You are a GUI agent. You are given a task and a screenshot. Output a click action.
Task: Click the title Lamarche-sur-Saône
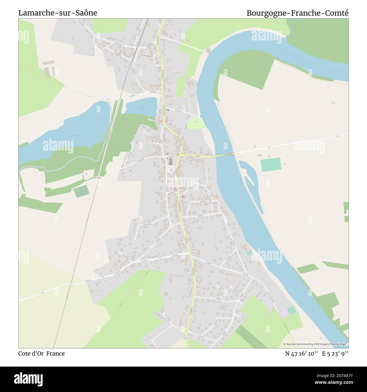pyautogui.click(x=58, y=13)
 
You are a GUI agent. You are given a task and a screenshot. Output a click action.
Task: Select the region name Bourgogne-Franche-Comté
pyautogui.click(x=298, y=13)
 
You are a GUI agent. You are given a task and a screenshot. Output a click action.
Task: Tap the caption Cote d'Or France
pyautogui.click(x=41, y=354)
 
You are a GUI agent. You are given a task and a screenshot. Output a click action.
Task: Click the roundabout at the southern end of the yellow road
pyautogui.click(x=186, y=331)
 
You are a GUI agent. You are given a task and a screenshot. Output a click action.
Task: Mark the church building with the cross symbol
pyautogui.click(x=170, y=161)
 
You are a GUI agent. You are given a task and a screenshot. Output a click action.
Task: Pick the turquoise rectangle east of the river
pyautogui.click(x=271, y=164)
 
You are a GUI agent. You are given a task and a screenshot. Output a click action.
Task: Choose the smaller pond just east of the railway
pyautogui.click(x=141, y=107)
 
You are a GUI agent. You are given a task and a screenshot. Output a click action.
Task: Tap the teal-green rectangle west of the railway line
pyautogui.click(x=81, y=192)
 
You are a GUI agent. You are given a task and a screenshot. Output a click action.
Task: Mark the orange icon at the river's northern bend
pyautogui.click(x=209, y=50)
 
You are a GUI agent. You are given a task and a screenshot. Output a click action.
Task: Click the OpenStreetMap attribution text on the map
pyautogui.click(x=316, y=344)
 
